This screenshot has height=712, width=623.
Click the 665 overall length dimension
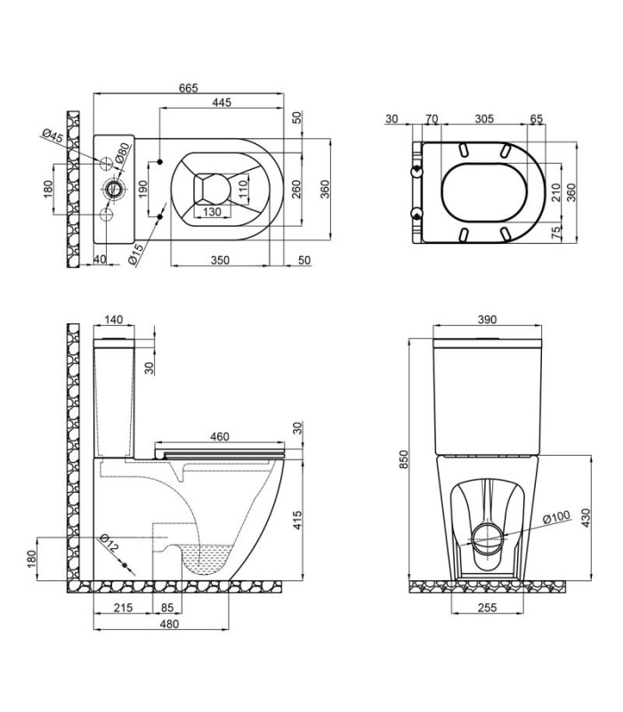188,87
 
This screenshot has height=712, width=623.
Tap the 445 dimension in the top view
222,102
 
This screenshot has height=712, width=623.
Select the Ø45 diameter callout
53,137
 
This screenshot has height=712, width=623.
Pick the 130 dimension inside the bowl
212,212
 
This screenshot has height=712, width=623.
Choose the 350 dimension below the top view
220,260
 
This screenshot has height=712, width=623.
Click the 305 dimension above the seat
484,118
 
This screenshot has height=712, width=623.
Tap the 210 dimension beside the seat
557,192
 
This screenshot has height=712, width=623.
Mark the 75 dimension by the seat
557,233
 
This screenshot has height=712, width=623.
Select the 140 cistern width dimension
113,320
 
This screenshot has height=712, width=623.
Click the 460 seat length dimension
220,436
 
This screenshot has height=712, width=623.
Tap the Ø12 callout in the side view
109,543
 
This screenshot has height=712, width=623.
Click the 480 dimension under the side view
169,625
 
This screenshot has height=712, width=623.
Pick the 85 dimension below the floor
167,608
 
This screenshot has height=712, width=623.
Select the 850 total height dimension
404,459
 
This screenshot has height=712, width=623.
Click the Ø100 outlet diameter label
556,517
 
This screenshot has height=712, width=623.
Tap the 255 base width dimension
487,607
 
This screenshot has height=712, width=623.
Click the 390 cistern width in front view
487,320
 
